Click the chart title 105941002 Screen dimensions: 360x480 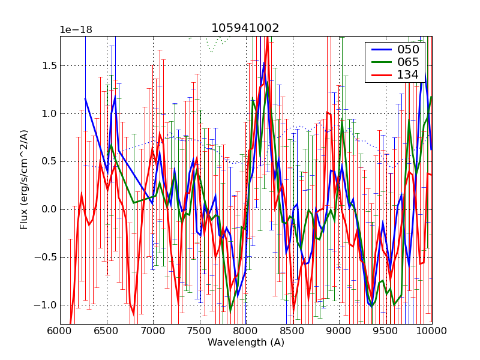tap(245, 28)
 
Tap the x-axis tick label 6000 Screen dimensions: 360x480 tap(60, 331)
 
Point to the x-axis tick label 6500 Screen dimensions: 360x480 tap(107, 331)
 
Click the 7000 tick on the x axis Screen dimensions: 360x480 tap(153, 331)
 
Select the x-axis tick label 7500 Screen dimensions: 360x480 tap(200, 331)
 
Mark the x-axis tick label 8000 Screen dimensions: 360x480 tap(246, 331)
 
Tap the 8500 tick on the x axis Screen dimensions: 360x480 tap(293, 331)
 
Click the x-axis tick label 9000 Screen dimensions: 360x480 tap(339, 331)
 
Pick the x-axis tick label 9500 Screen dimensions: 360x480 tap(386, 331)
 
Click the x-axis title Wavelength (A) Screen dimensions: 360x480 tap(246, 343)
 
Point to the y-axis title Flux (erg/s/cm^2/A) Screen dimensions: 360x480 tap(25, 180)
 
